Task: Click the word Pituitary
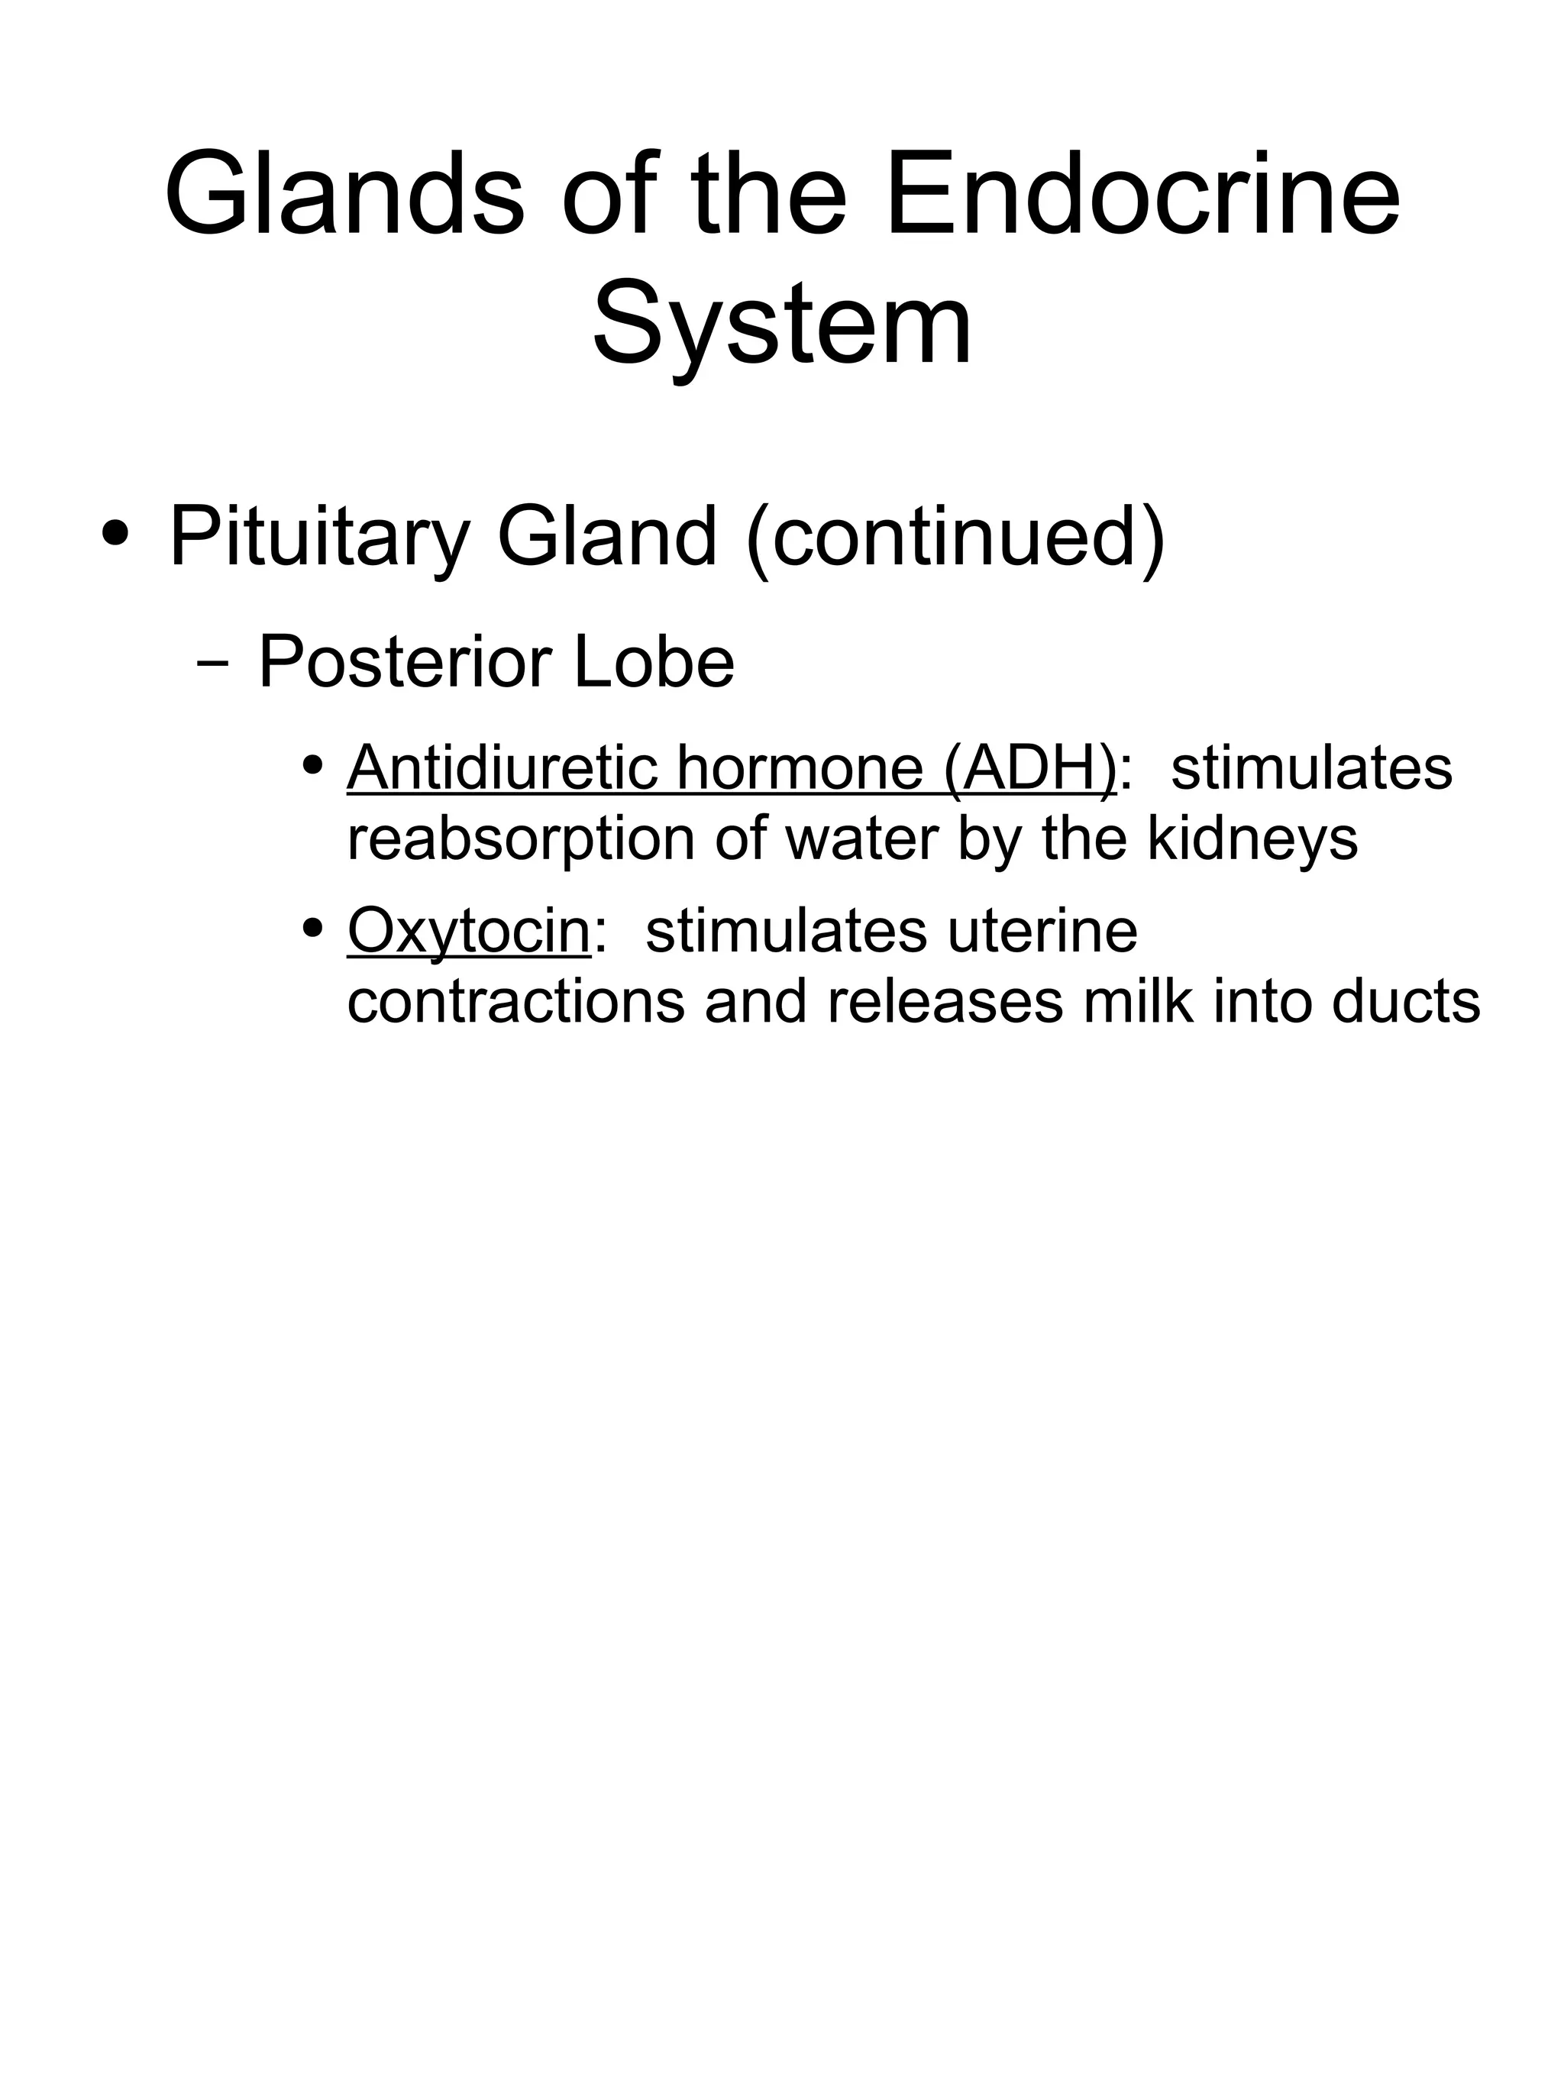[x=319, y=538]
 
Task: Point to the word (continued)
[x=955, y=538]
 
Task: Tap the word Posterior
[x=408, y=662]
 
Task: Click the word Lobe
[x=653, y=662]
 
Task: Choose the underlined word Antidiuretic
[x=502, y=768]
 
